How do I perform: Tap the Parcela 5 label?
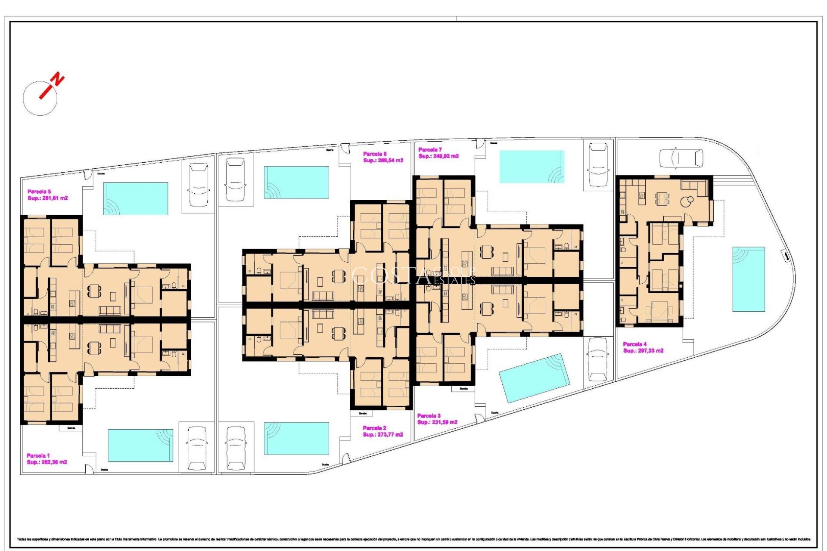[x=39, y=192]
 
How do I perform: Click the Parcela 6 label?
[x=374, y=154]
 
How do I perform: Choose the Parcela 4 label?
[x=634, y=344]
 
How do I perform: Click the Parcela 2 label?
[x=374, y=428]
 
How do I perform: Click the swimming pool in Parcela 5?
[x=135, y=198]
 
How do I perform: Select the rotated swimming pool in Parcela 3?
[x=534, y=378]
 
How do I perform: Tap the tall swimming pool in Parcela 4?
[x=749, y=279]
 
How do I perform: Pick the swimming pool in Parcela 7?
[x=532, y=167]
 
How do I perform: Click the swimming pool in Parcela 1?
[x=140, y=445]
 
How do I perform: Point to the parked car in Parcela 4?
[x=681, y=158]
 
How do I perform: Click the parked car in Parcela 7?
[x=598, y=165]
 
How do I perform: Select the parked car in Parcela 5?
[x=199, y=184]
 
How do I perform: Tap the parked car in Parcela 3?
[x=597, y=359]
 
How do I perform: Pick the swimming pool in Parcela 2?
[x=296, y=438]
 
